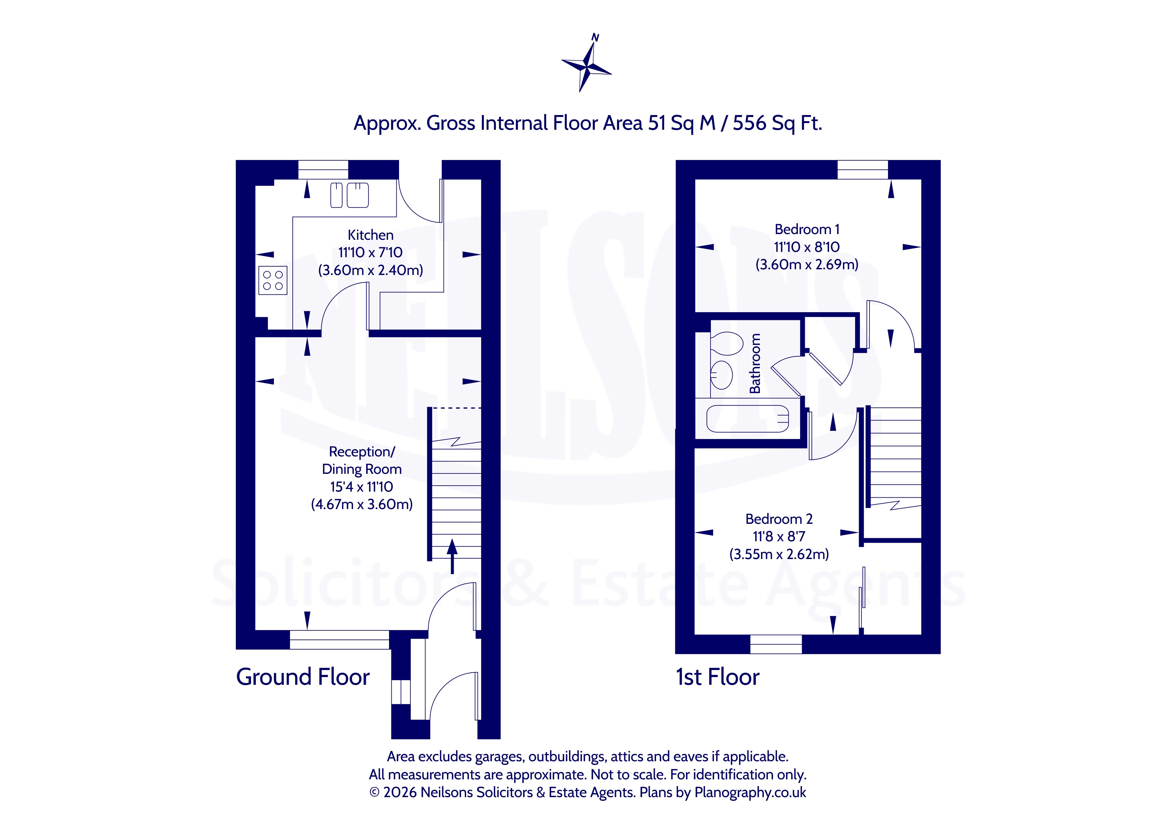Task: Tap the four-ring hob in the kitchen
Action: [273, 280]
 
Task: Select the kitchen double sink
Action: [349, 195]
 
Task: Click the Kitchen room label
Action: [370, 235]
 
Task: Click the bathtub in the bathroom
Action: [748, 419]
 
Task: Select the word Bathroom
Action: [755, 363]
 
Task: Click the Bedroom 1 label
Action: [807, 229]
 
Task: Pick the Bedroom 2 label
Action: [779, 519]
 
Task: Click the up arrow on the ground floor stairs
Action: [452, 556]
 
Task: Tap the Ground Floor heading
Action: [303, 677]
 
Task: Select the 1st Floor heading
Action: [718, 677]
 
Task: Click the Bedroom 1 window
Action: [862, 170]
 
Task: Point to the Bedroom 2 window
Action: [776, 644]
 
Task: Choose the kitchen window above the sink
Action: [323, 170]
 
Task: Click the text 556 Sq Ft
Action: [778, 123]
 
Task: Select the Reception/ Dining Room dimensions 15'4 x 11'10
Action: [361, 487]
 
